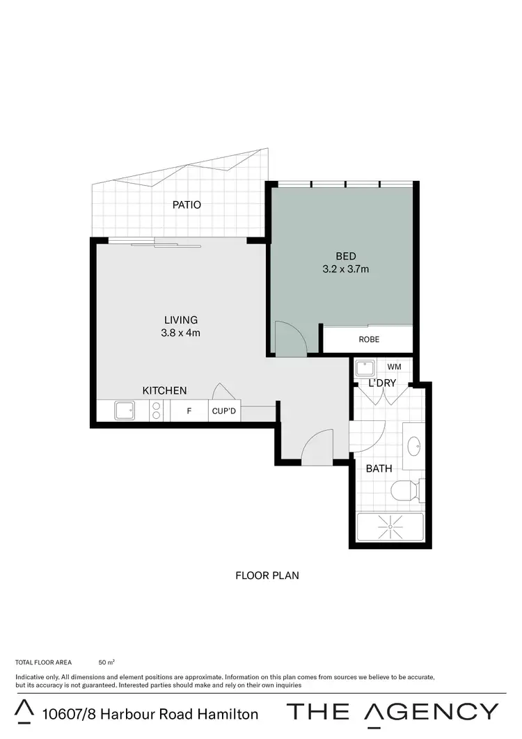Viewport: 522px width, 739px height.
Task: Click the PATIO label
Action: click(x=187, y=205)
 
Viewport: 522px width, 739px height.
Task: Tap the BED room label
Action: click(x=346, y=256)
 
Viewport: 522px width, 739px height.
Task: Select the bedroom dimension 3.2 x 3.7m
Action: click(x=346, y=268)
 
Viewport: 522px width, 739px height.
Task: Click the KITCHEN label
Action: click(x=164, y=390)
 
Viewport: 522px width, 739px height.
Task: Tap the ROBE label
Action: click(x=369, y=340)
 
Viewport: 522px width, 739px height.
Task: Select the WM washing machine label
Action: click(x=394, y=366)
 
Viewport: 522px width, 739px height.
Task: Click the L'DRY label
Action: click(x=382, y=383)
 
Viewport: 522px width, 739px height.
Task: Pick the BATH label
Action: click(x=379, y=468)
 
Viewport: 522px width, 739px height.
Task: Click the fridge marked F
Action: click(x=189, y=411)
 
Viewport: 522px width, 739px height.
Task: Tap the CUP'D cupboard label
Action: click(x=224, y=411)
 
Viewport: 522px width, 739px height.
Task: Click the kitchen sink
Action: click(x=125, y=411)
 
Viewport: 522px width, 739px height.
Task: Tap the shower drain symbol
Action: click(x=390, y=527)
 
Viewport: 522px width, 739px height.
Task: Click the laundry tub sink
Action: click(x=365, y=367)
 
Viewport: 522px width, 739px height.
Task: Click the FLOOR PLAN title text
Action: click(x=267, y=575)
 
